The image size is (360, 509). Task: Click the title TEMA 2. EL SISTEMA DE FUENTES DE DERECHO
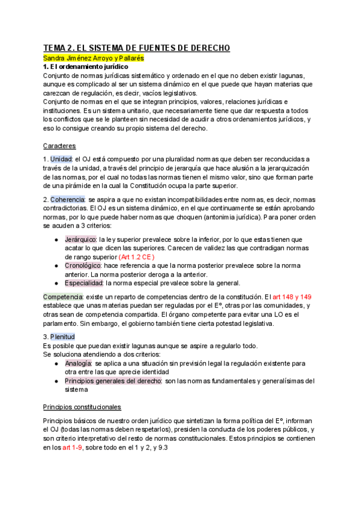[137, 49]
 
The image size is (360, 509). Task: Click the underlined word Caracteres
[59, 145]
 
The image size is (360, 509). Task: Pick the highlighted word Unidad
[61, 158]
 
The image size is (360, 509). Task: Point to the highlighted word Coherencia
[68, 199]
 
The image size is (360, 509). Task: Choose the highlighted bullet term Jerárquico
[81, 239]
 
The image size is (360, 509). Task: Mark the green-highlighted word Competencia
[62, 297]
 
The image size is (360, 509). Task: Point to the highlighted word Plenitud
[63, 337]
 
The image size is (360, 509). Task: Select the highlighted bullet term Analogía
[78, 363]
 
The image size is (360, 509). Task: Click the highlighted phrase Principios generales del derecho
[113, 381]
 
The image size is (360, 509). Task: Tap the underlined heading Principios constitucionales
[82, 406]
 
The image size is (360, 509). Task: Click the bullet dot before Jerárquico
[56, 239]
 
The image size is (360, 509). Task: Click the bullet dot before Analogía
[56, 364]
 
